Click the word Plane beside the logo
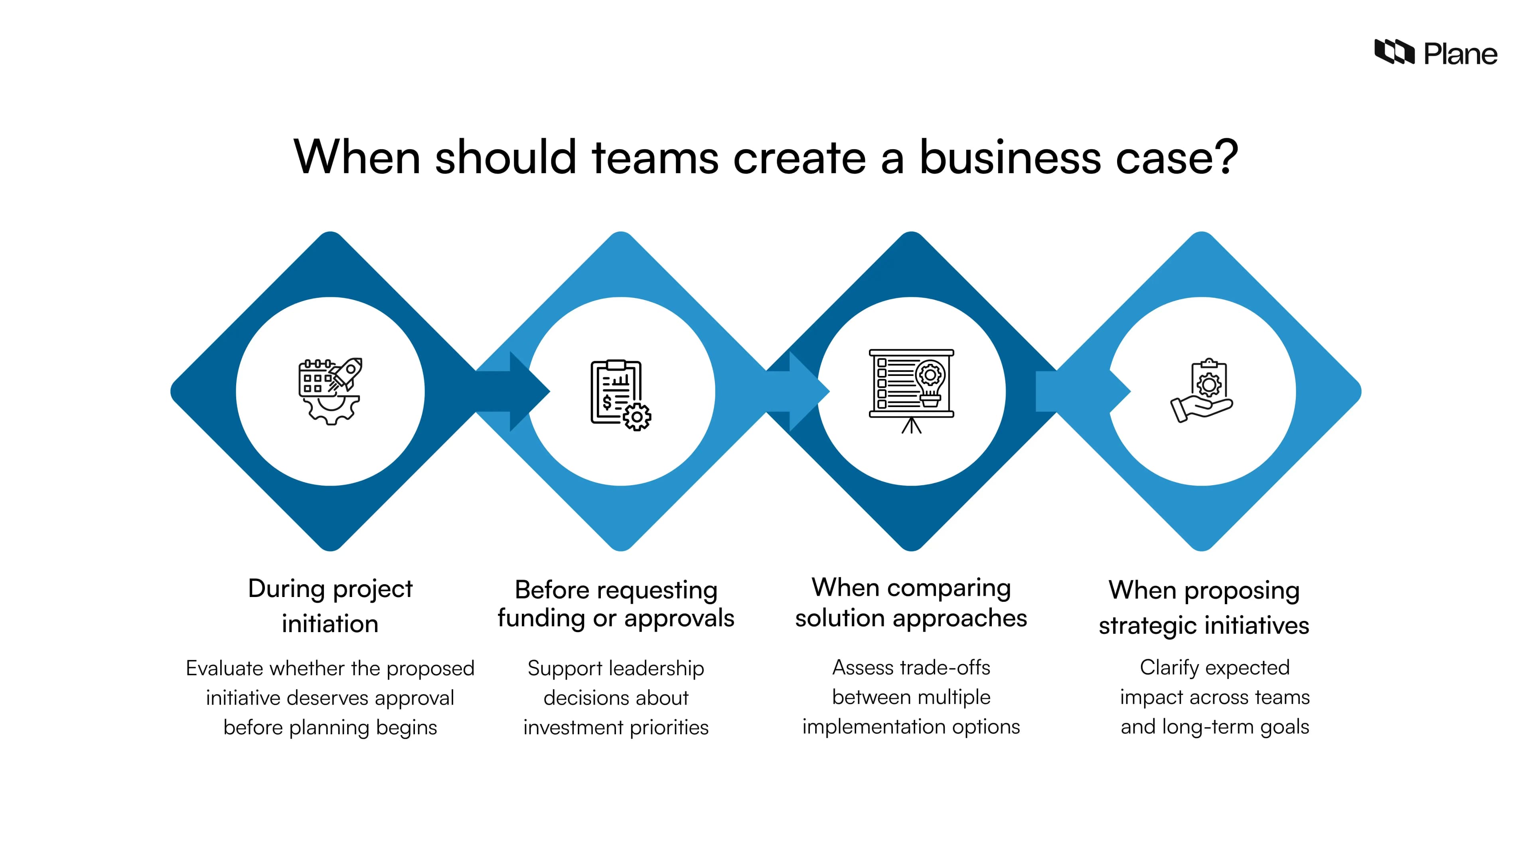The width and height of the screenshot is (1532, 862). [x=1460, y=55]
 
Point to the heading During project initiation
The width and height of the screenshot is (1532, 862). [x=330, y=606]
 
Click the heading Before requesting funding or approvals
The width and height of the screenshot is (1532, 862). [x=616, y=604]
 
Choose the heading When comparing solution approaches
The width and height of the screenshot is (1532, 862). [x=911, y=603]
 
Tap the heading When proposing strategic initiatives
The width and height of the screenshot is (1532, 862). [x=1204, y=607]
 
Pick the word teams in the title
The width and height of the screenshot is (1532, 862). [x=655, y=157]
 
